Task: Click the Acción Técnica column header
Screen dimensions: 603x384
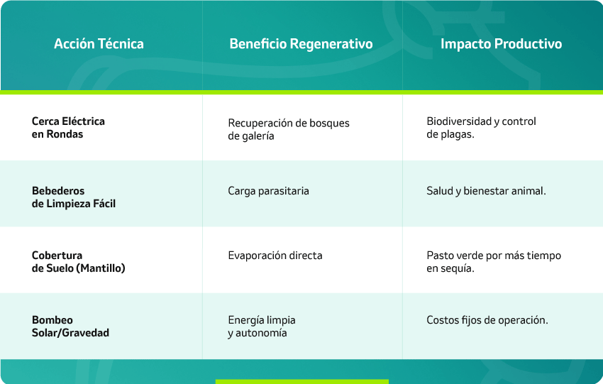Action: coord(99,43)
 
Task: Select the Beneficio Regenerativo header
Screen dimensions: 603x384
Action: coord(301,44)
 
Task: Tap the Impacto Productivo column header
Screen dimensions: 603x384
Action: coord(501,44)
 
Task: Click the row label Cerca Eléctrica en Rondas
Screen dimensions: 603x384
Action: coord(68,127)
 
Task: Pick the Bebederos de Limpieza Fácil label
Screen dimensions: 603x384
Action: coord(74,197)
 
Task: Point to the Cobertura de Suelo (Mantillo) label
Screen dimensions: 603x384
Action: coord(79,262)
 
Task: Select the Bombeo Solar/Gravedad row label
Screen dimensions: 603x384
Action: coord(70,327)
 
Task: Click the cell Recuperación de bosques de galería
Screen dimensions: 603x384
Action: coord(289,129)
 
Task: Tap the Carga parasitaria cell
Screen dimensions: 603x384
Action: coord(268,191)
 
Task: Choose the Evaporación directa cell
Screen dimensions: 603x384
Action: coord(275,256)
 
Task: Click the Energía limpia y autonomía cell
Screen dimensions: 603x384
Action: coord(262,327)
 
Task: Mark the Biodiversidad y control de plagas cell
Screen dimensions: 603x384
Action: coord(481,128)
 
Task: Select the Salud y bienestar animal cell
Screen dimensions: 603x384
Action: coord(486,191)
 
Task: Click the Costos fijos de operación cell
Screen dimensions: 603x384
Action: coord(487,320)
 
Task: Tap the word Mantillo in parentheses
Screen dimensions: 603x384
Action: coord(101,268)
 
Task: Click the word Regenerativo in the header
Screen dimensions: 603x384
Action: coord(331,44)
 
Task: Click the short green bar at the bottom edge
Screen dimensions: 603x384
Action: coord(302,382)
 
